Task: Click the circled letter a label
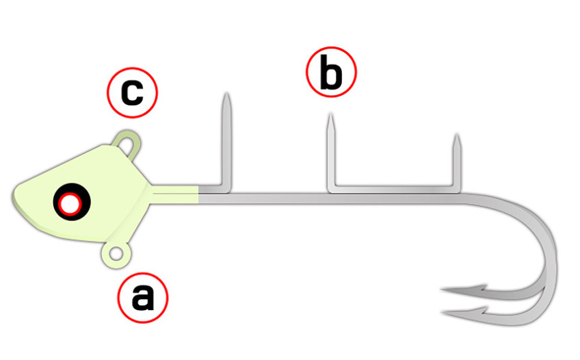point(143,298)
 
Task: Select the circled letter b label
point(331,72)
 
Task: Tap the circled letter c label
point(133,92)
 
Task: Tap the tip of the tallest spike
point(226,94)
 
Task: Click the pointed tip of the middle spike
point(331,114)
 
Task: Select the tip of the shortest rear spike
point(457,135)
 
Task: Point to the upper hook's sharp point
point(441,290)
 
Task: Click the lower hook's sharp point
point(442,313)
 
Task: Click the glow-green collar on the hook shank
point(174,194)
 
